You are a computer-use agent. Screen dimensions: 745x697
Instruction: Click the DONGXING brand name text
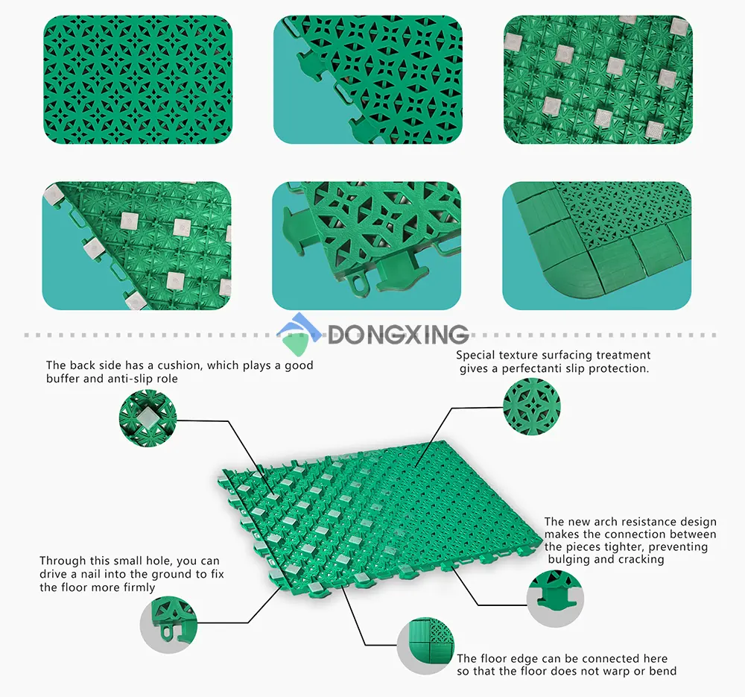click(398, 334)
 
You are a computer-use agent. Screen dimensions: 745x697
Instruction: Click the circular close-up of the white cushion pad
click(148, 418)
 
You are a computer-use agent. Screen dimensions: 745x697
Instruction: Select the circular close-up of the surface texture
click(532, 406)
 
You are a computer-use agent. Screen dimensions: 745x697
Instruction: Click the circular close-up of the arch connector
click(555, 599)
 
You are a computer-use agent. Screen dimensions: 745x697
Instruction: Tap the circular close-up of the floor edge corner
click(425, 646)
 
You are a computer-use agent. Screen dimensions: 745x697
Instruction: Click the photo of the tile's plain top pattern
click(138, 80)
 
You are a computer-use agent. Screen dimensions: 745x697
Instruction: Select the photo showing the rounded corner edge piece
click(597, 245)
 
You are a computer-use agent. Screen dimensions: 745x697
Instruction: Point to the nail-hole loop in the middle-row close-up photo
click(357, 283)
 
